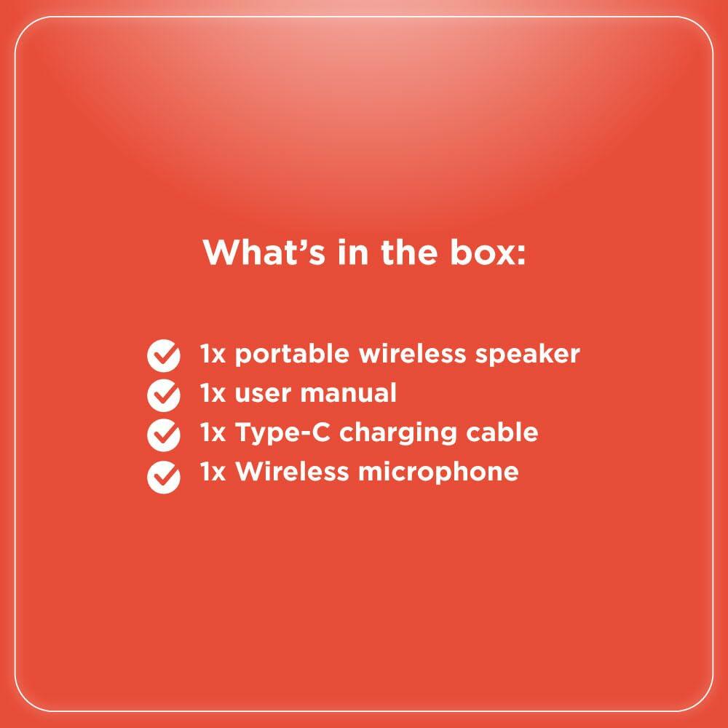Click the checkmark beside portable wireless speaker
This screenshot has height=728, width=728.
coord(164,355)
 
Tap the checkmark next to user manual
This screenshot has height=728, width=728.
coord(164,395)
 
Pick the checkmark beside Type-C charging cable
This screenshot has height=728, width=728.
coord(164,435)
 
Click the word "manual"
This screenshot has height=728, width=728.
coord(348,393)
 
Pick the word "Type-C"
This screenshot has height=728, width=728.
coord(283,433)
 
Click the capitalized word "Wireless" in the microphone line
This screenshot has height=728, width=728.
coord(293,471)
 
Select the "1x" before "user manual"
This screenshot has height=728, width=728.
coord(213,394)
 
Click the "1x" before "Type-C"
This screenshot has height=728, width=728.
coord(213,432)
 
